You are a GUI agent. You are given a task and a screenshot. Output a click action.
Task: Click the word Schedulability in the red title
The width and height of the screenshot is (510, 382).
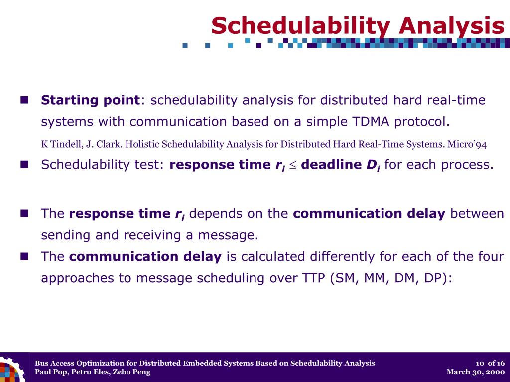coord(301,26)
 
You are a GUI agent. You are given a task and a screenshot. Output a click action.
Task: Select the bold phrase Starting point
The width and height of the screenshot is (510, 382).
coord(91,100)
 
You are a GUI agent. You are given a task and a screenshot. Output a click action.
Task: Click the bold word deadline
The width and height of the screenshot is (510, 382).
coord(331,164)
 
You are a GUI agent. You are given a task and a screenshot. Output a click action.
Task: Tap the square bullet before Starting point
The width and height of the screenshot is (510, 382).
coord(24,100)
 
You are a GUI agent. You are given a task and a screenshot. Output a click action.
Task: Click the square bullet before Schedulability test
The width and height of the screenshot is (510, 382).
coord(24,164)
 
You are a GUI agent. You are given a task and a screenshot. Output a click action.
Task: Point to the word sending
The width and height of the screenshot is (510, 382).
coord(66,235)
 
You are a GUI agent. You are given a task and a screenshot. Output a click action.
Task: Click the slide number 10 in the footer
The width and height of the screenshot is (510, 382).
coord(480,363)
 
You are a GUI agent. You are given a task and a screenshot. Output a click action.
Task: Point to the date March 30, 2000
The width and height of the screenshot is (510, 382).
coord(476,372)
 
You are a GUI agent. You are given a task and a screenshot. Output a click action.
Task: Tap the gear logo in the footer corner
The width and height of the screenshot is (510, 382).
coord(12,370)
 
